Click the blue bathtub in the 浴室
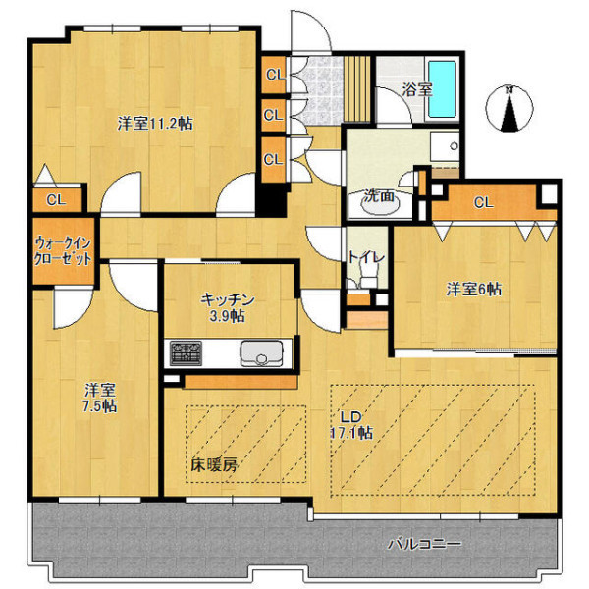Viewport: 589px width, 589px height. (x=443, y=89)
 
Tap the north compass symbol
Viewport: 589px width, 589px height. (x=509, y=109)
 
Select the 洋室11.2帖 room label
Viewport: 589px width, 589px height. (x=155, y=124)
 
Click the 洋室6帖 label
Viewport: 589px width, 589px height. (x=473, y=290)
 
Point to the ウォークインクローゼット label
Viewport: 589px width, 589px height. (x=63, y=251)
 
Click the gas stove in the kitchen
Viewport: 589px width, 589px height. (x=186, y=353)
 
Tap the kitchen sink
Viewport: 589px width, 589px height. (x=262, y=353)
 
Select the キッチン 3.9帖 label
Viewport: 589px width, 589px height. (x=228, y=308)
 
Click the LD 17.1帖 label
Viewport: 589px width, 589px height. (x=351, y=425)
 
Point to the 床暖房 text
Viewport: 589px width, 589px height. (x=214, y=465)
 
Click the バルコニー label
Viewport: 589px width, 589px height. (x=424, y=544)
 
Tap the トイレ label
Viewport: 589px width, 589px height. (x=366, y=257)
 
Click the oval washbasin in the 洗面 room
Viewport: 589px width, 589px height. (x=380, y=203)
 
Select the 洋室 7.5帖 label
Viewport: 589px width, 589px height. (x=100, y=399)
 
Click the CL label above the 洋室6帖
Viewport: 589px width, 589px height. (x=483, y=203)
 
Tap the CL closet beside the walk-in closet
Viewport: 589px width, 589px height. (x=57, y=200)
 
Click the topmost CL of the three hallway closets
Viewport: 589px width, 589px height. (x=274, y=75)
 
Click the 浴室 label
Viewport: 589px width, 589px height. (x=417, y=89)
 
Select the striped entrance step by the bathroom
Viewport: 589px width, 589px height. (x=357, y=89)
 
